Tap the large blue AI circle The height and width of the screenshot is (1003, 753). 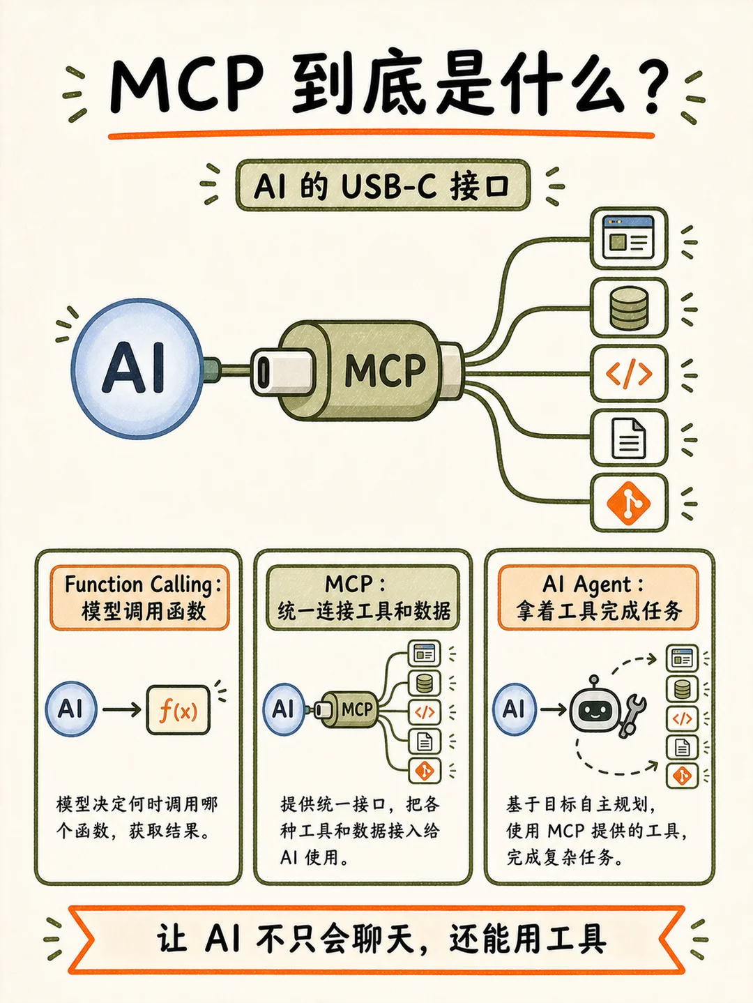tap(137, 368)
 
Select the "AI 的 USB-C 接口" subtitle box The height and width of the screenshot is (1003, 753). tap(383, 185)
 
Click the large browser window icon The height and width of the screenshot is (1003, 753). tap(629, 238)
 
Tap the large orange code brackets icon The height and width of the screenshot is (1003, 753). tap(629, 374)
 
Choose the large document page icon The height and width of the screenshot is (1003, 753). tap(629, 438)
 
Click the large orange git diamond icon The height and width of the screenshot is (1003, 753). tap(629, 503)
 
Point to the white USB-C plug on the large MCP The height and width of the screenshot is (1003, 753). tap(282, 372)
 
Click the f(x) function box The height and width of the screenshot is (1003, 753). tap(178, 709)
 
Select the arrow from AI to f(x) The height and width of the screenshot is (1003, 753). tap(121, 709)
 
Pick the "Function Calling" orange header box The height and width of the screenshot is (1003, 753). tap(139, 598)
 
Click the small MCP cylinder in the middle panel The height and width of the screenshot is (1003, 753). tap(349, 709)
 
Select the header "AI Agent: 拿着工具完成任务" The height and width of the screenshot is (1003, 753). tap(598, 598)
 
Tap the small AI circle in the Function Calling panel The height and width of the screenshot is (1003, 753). tap(71, 709)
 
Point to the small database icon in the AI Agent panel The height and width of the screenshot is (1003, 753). tap(682, 688)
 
